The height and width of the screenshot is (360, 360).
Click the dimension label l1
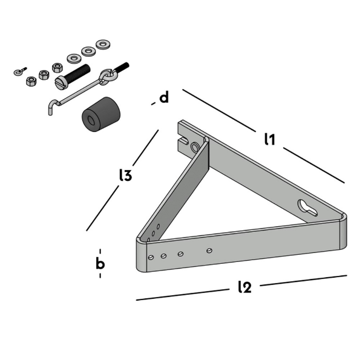[270, 139]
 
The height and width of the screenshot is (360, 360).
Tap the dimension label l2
[244, 287]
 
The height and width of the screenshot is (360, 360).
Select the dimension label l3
[125, 175]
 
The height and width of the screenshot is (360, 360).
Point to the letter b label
[100, 263]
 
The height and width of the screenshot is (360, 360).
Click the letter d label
[163, 97]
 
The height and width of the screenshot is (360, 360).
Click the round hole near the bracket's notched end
[195, 148]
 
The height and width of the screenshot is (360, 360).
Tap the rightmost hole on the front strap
[209, 249]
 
